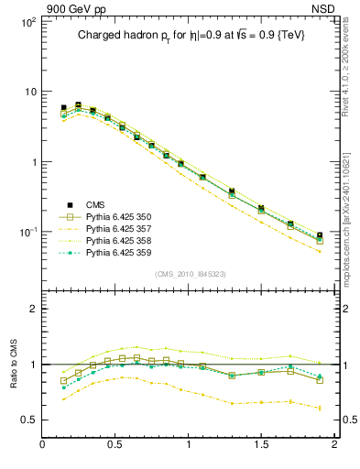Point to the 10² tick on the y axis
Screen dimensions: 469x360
coord(27,20)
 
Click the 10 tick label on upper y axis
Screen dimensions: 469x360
coord(29,92)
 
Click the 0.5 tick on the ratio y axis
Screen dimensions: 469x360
coord(29,420)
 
